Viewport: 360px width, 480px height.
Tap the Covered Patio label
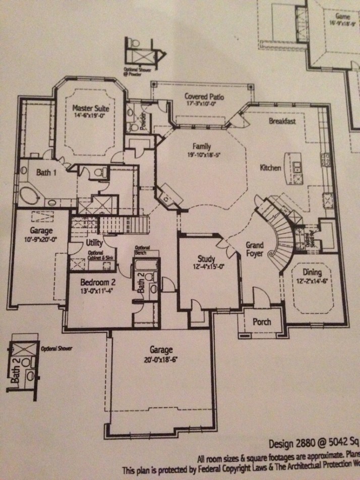tap(204, 97)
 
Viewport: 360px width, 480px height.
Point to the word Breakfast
tap(282, 122)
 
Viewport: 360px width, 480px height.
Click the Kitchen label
tap(270, 167)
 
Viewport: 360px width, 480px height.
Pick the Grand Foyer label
tap(255, 250)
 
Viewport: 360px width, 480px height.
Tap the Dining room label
tap(312, 273)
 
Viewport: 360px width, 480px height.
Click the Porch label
tap(261, 322)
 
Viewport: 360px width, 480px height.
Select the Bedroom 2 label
tap(98, 282)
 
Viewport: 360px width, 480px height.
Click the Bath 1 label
tap(46, 172)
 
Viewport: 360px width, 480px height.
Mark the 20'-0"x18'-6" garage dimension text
tap(161, 360)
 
